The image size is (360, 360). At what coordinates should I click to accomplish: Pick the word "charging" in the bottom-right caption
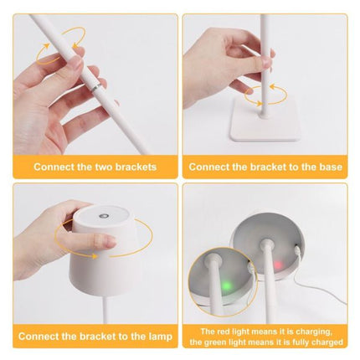coord(319,331)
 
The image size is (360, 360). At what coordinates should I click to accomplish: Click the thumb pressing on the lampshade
coord(99,243)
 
